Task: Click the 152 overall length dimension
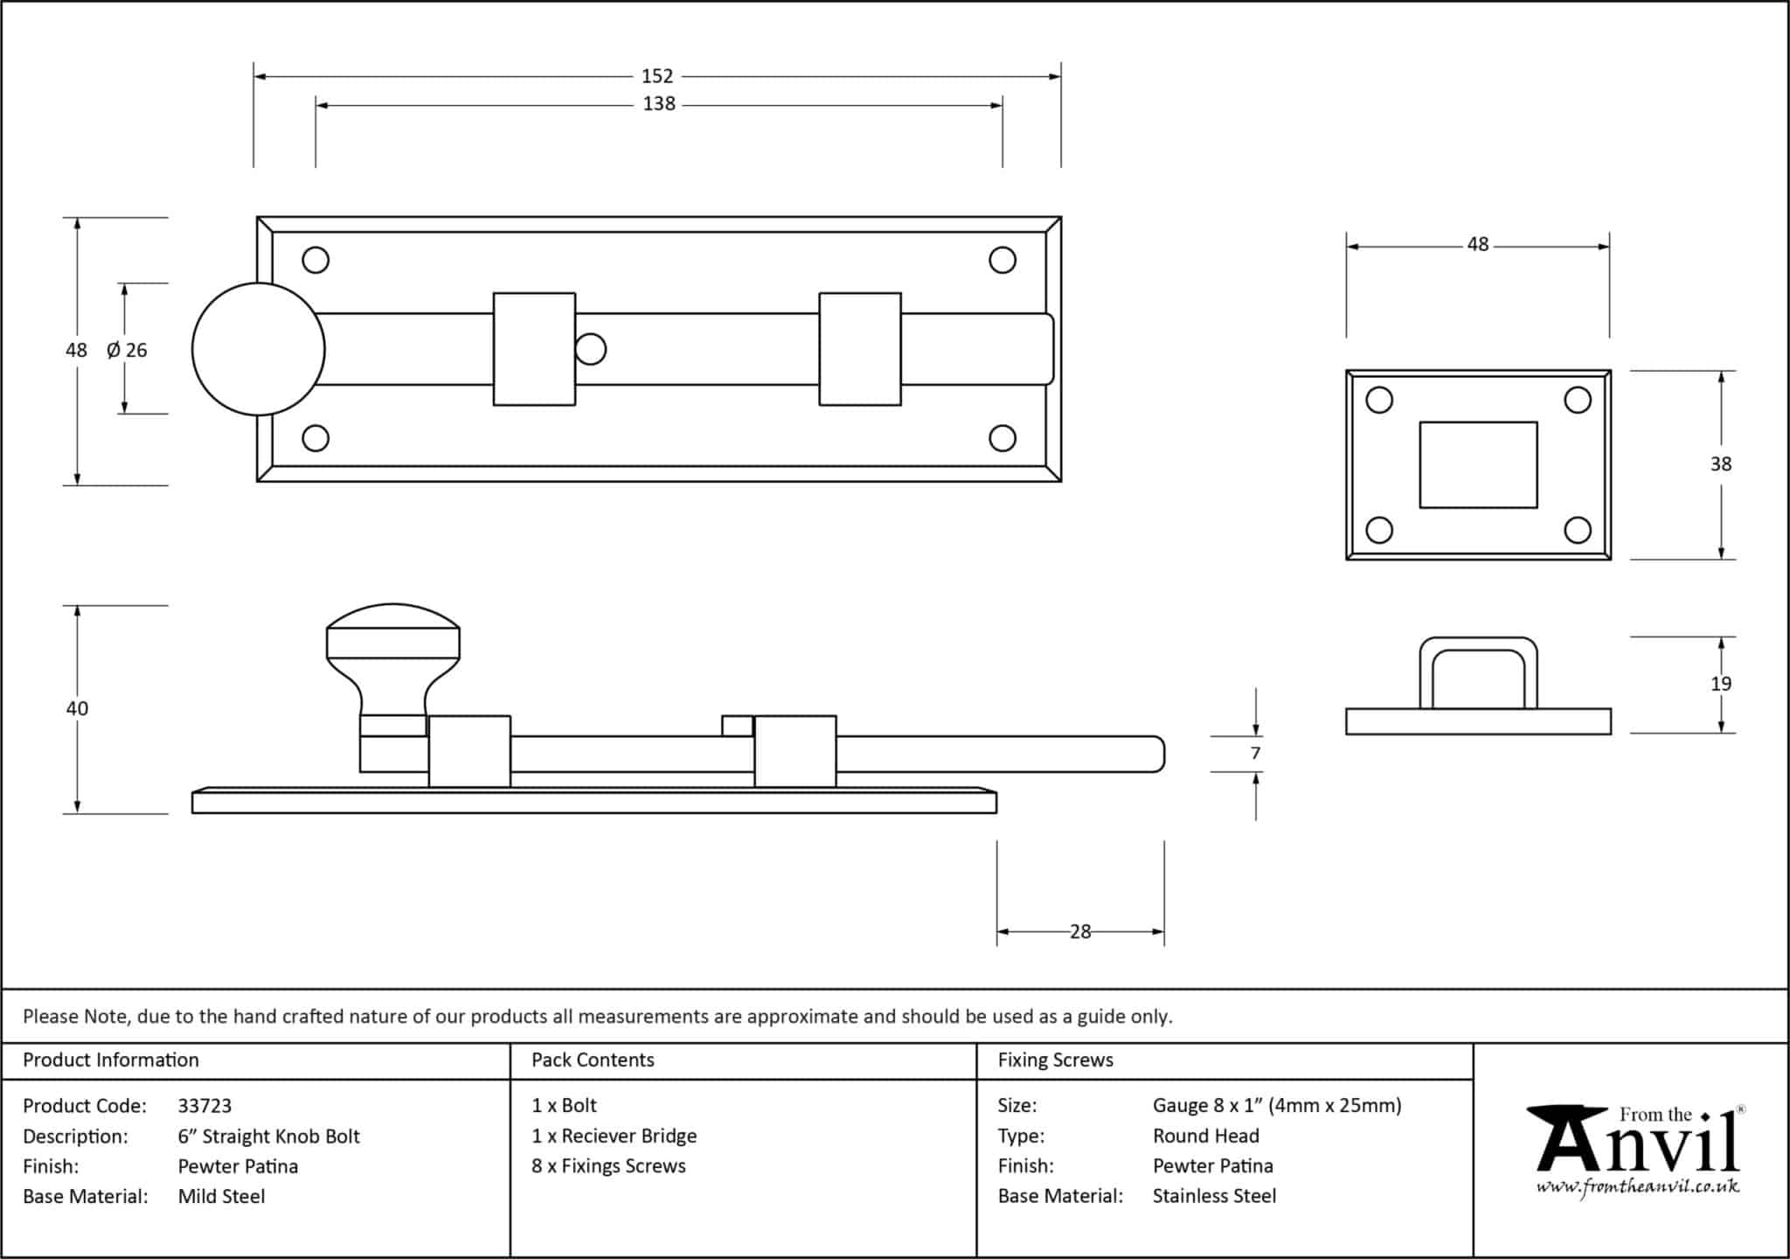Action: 657,76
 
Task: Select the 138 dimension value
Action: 659,104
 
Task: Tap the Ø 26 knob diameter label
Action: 127,350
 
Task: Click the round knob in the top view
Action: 259,349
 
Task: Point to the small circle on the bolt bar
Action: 591,349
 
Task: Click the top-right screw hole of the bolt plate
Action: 1003,260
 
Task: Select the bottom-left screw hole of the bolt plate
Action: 316,438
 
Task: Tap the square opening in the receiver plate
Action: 1478,465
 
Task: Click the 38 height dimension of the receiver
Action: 1721,464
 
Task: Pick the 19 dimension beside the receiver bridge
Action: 1721,684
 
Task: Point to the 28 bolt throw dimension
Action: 1080,932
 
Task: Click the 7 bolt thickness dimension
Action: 1256,754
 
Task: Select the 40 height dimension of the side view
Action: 77,708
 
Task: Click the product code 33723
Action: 205,1106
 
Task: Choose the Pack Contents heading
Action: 593,1060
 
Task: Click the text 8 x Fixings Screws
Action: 608,1166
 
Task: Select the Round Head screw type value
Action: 1206,1136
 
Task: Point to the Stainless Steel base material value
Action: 1214,1196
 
